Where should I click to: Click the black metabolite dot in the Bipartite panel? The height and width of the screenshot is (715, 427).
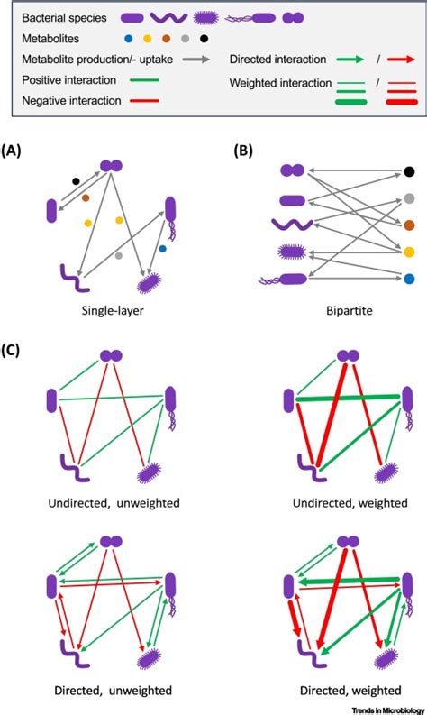coord(408,171)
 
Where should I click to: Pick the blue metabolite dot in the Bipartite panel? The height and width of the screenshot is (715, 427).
coord(408,280)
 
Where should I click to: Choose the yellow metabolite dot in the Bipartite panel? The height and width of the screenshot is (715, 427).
coord(408,252)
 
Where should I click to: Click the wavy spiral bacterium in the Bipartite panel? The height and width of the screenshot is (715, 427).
coord(292,225)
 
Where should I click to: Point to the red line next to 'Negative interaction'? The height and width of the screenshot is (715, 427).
coord(133,101)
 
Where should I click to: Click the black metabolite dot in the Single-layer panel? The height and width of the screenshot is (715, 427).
coord(76,181)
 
